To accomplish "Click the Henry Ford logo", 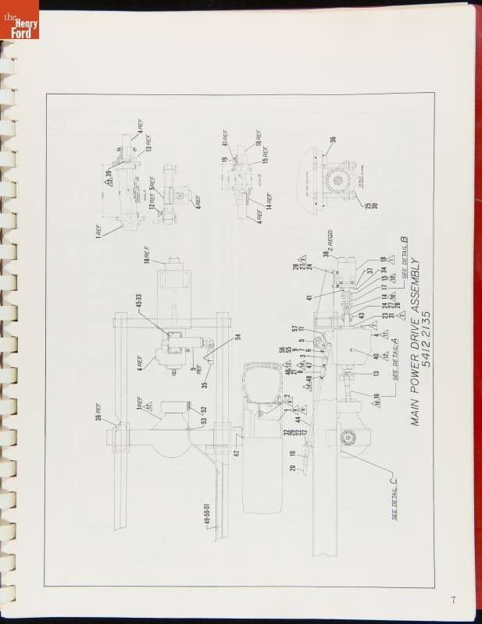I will point(19,24).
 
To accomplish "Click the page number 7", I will point(453,600).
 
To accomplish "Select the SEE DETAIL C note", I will point(398,500).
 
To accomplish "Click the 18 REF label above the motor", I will point(144,253).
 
